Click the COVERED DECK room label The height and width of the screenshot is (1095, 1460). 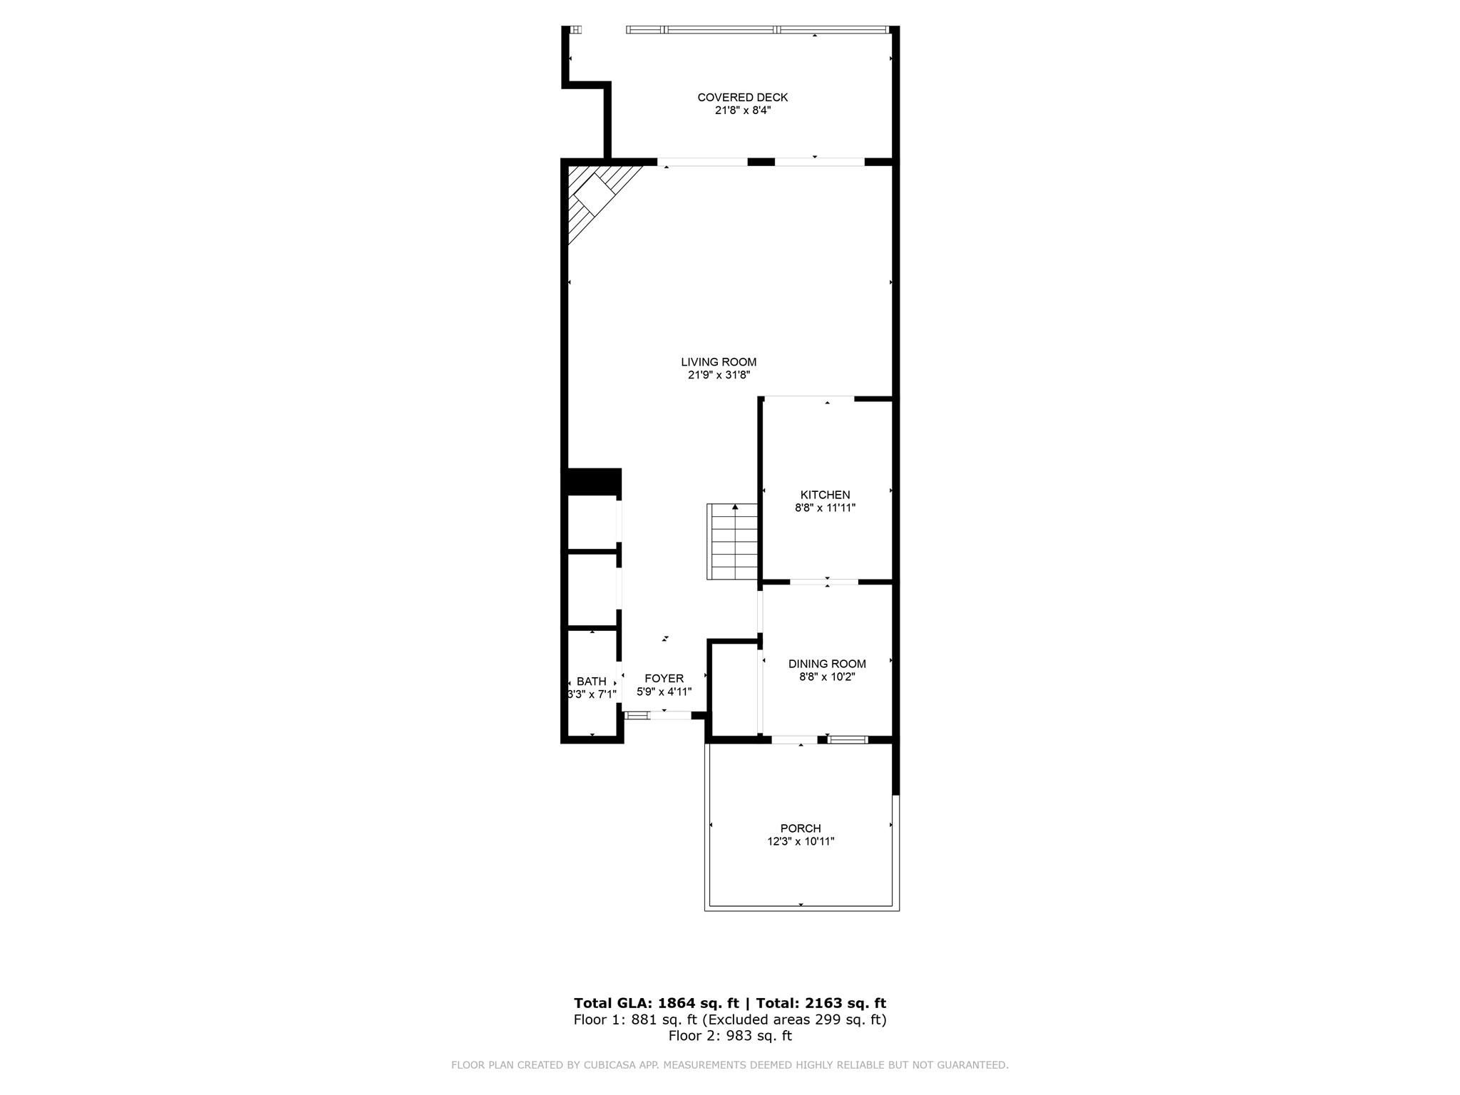742,97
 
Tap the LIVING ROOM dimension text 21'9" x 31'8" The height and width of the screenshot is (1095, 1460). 719,375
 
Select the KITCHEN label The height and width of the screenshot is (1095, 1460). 825,495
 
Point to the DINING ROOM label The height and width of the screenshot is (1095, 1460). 827,664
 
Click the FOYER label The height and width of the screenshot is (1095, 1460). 664,679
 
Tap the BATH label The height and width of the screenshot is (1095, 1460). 591,682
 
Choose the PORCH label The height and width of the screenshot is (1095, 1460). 801,828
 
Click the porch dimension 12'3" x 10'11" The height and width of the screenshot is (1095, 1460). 801,841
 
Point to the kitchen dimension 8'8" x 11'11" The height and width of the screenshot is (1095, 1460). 825,508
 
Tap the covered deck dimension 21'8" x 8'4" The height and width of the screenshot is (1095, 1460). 742,110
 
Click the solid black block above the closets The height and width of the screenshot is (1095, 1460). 592,481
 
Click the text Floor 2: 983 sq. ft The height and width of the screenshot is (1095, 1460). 730,1036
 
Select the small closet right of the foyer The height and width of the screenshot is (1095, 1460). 734,688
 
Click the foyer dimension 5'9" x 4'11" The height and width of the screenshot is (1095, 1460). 664,692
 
